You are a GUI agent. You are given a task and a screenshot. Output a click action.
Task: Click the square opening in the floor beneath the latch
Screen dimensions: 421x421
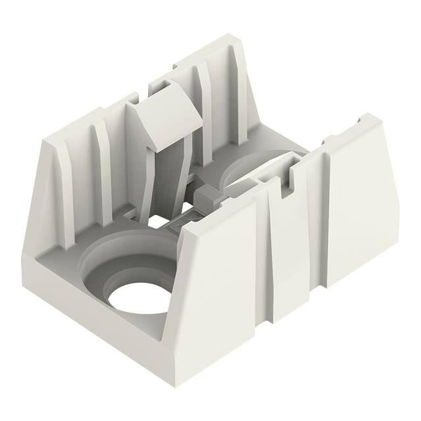click(158, 220)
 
